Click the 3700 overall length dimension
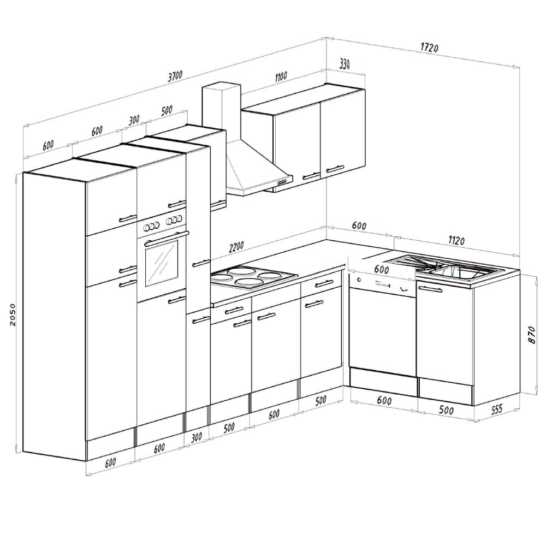coord(175,76)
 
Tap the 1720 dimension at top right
coord(429,48)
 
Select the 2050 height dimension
coord(13,314)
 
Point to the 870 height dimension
coord(531,335)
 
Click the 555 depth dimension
coord(496,410)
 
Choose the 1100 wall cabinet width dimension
coord(281,76)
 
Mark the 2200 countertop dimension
coord(236,247)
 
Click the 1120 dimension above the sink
coord(456,240)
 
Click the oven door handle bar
coord(167,239)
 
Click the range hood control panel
coord(282,182)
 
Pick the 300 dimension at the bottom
coord(197,437)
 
